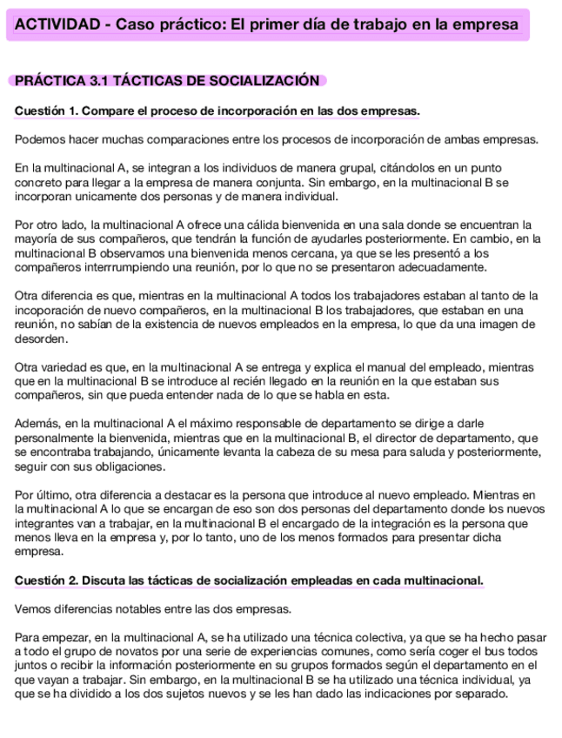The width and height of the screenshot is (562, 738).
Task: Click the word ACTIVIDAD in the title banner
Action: click(x=55, y=25)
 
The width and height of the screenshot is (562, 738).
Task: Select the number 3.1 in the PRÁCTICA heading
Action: click(x=100, y=81)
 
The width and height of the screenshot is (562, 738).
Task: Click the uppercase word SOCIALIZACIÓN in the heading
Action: click(x=266, y=81)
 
